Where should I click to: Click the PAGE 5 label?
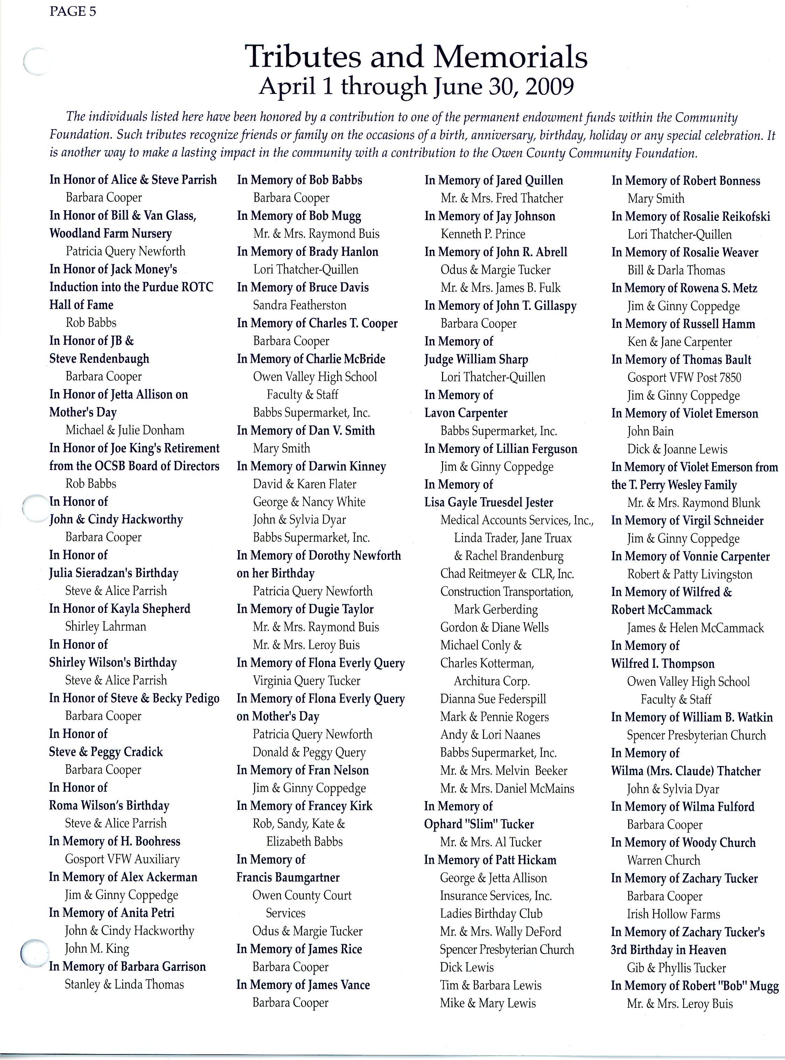(72, 12)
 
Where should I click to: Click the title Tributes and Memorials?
(416, 57)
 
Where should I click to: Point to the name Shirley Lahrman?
(105, 627)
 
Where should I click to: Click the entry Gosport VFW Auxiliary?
(122, 859)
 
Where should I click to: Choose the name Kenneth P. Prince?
(483, 234)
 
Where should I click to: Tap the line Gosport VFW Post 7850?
(684, 378)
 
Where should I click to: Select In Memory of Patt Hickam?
(490, 860)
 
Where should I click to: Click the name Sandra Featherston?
(299, 305)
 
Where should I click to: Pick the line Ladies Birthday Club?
(491, 914)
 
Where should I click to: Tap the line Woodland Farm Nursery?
(111, 233)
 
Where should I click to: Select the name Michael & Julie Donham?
(125, 430)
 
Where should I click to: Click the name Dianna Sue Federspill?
(493, 699)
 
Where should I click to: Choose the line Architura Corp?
(491, 681)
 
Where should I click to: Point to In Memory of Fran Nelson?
(302, 770)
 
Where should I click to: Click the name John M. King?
(97, 949)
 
